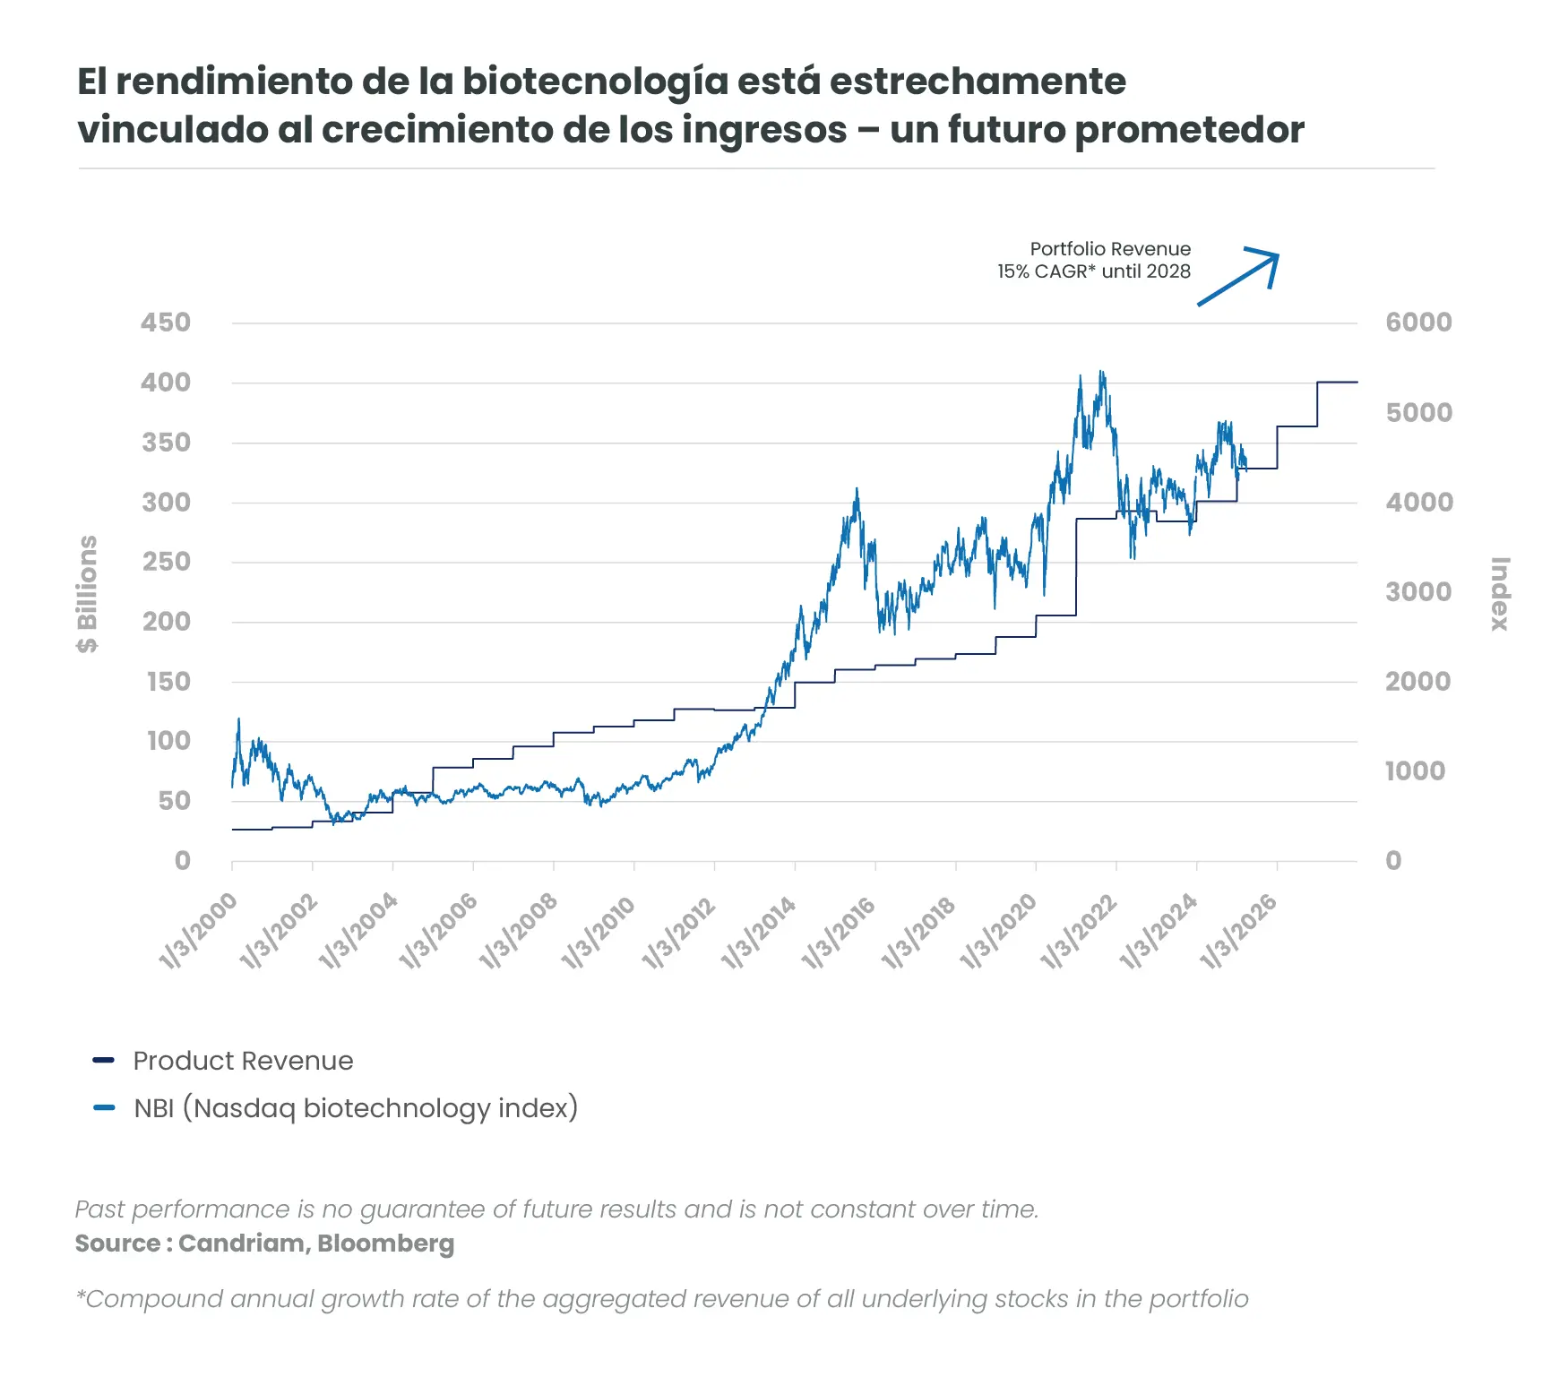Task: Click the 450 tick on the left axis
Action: pyautogui.click(x=165, y=323)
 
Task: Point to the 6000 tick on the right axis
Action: pyautogui.click(x=1418, y=323)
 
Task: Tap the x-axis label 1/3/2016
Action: pyautogui.click(x=839, y=933)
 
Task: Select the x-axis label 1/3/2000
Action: pyautogui.click(x=199, y=933)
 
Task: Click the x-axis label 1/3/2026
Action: pyautogui.click(x=1238, y=933)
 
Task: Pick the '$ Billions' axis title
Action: pyautogui.click(x=87, y=594)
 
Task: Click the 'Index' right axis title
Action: pyautogui.click(x=1499, y=594)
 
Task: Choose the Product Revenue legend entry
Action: pyautogui.click(x=243, y=1061)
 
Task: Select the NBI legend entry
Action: pyautogui.click(x=355, y=1108)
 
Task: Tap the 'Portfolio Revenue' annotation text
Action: pyautogui.click(x=1110, y=249)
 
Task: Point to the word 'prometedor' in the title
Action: pyautogui.click(x=1189, y=130)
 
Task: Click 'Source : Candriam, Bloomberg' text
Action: pyautogui.click(x=264, y=1244)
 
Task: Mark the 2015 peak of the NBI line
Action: pyautogui.click(x=857, y=490)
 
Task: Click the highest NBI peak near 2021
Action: pyautogui.click(x=1101, y=372)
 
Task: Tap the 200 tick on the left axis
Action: pyautogui.click(x=167, y=622)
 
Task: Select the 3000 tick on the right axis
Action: pyautogui.click(x=1418, y=591)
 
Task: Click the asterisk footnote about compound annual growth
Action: pyautogui.click(x=661, y=1299)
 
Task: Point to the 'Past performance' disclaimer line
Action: pyautogui.click(x=556, y=1209)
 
